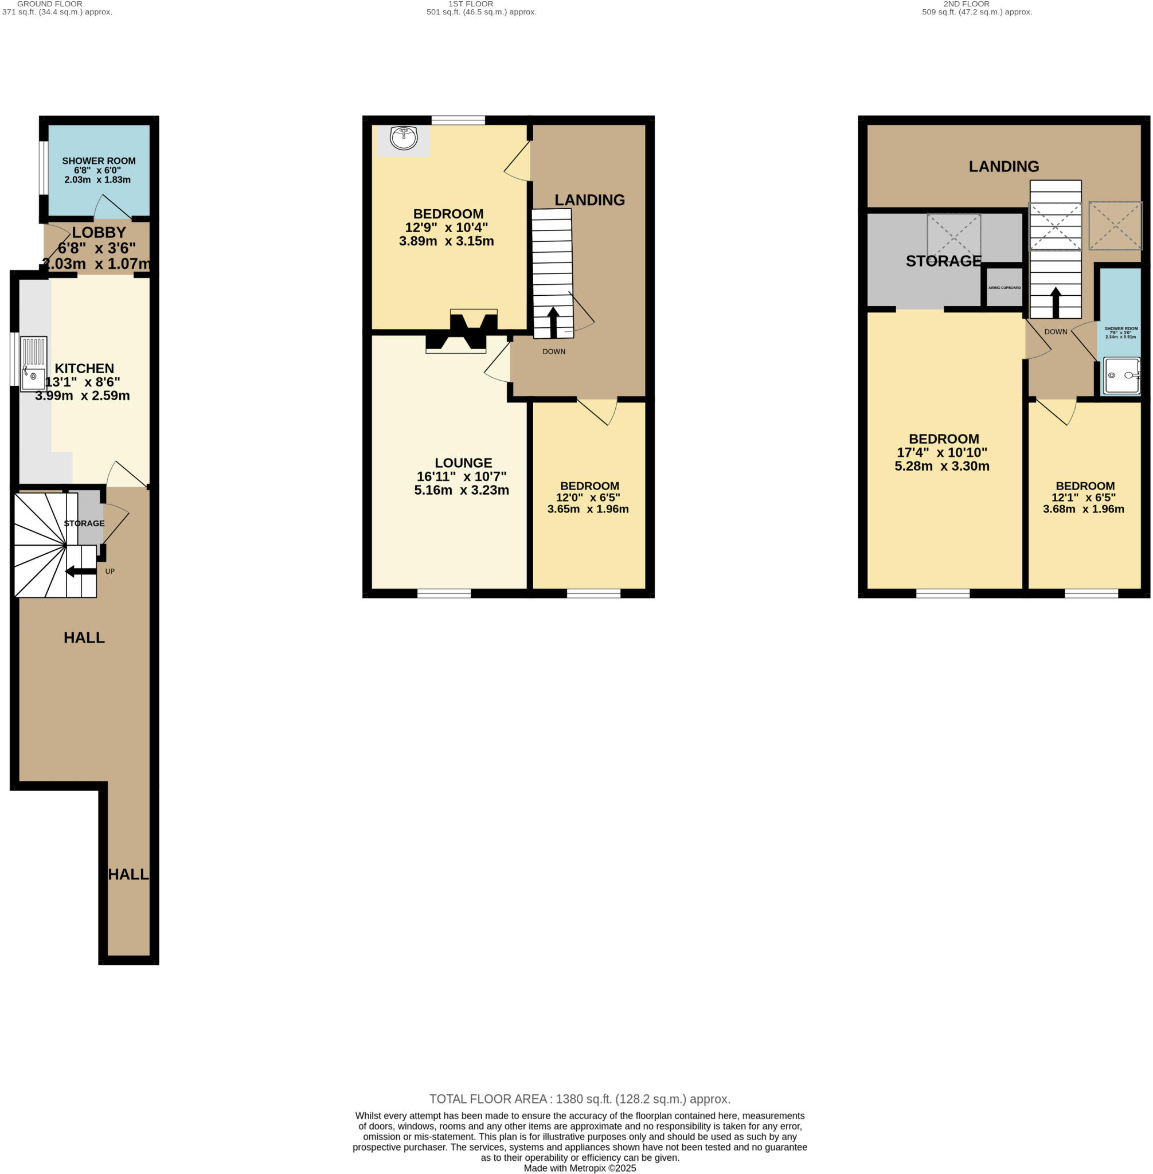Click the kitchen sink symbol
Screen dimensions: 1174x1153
point(33,364)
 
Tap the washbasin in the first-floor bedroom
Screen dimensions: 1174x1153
point(403,138)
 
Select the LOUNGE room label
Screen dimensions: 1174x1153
point(463,463)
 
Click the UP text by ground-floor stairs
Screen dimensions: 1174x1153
point(110,571)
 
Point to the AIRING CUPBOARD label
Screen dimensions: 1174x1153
point(1004,288)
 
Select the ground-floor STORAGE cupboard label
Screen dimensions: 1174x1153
point(84,523)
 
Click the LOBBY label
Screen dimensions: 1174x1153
point(99,233)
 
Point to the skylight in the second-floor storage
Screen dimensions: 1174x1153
point(954,235)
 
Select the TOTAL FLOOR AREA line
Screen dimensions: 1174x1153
point(580,1099)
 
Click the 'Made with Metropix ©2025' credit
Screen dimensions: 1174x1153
point(580,1168)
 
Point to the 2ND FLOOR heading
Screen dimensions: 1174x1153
point(967,3)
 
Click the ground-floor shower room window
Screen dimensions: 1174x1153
point(43,168)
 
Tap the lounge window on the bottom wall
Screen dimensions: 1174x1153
point(444,593)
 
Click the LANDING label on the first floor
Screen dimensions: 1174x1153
point(589,200)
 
